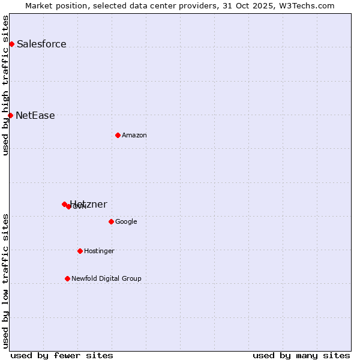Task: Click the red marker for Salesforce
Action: coord(11,44)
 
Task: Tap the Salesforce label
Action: coord(41,44)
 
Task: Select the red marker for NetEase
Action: coord(10,115)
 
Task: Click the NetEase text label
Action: coord(35,116)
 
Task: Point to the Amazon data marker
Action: coord(118,135)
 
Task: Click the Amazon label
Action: coord(134,136)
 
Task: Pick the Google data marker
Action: coord(111,221)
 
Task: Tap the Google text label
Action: coord(126,222)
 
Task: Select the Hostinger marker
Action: coord(80,251)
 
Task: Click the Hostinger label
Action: coord(99,251)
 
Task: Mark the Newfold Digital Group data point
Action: coord(67,278)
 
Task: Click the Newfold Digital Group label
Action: coord(106,279)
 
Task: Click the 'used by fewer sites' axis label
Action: coord(62,355)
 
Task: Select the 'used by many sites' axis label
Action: coord(301,355)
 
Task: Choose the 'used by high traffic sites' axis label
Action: coord(6,85)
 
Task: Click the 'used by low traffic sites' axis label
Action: coord(6,281)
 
